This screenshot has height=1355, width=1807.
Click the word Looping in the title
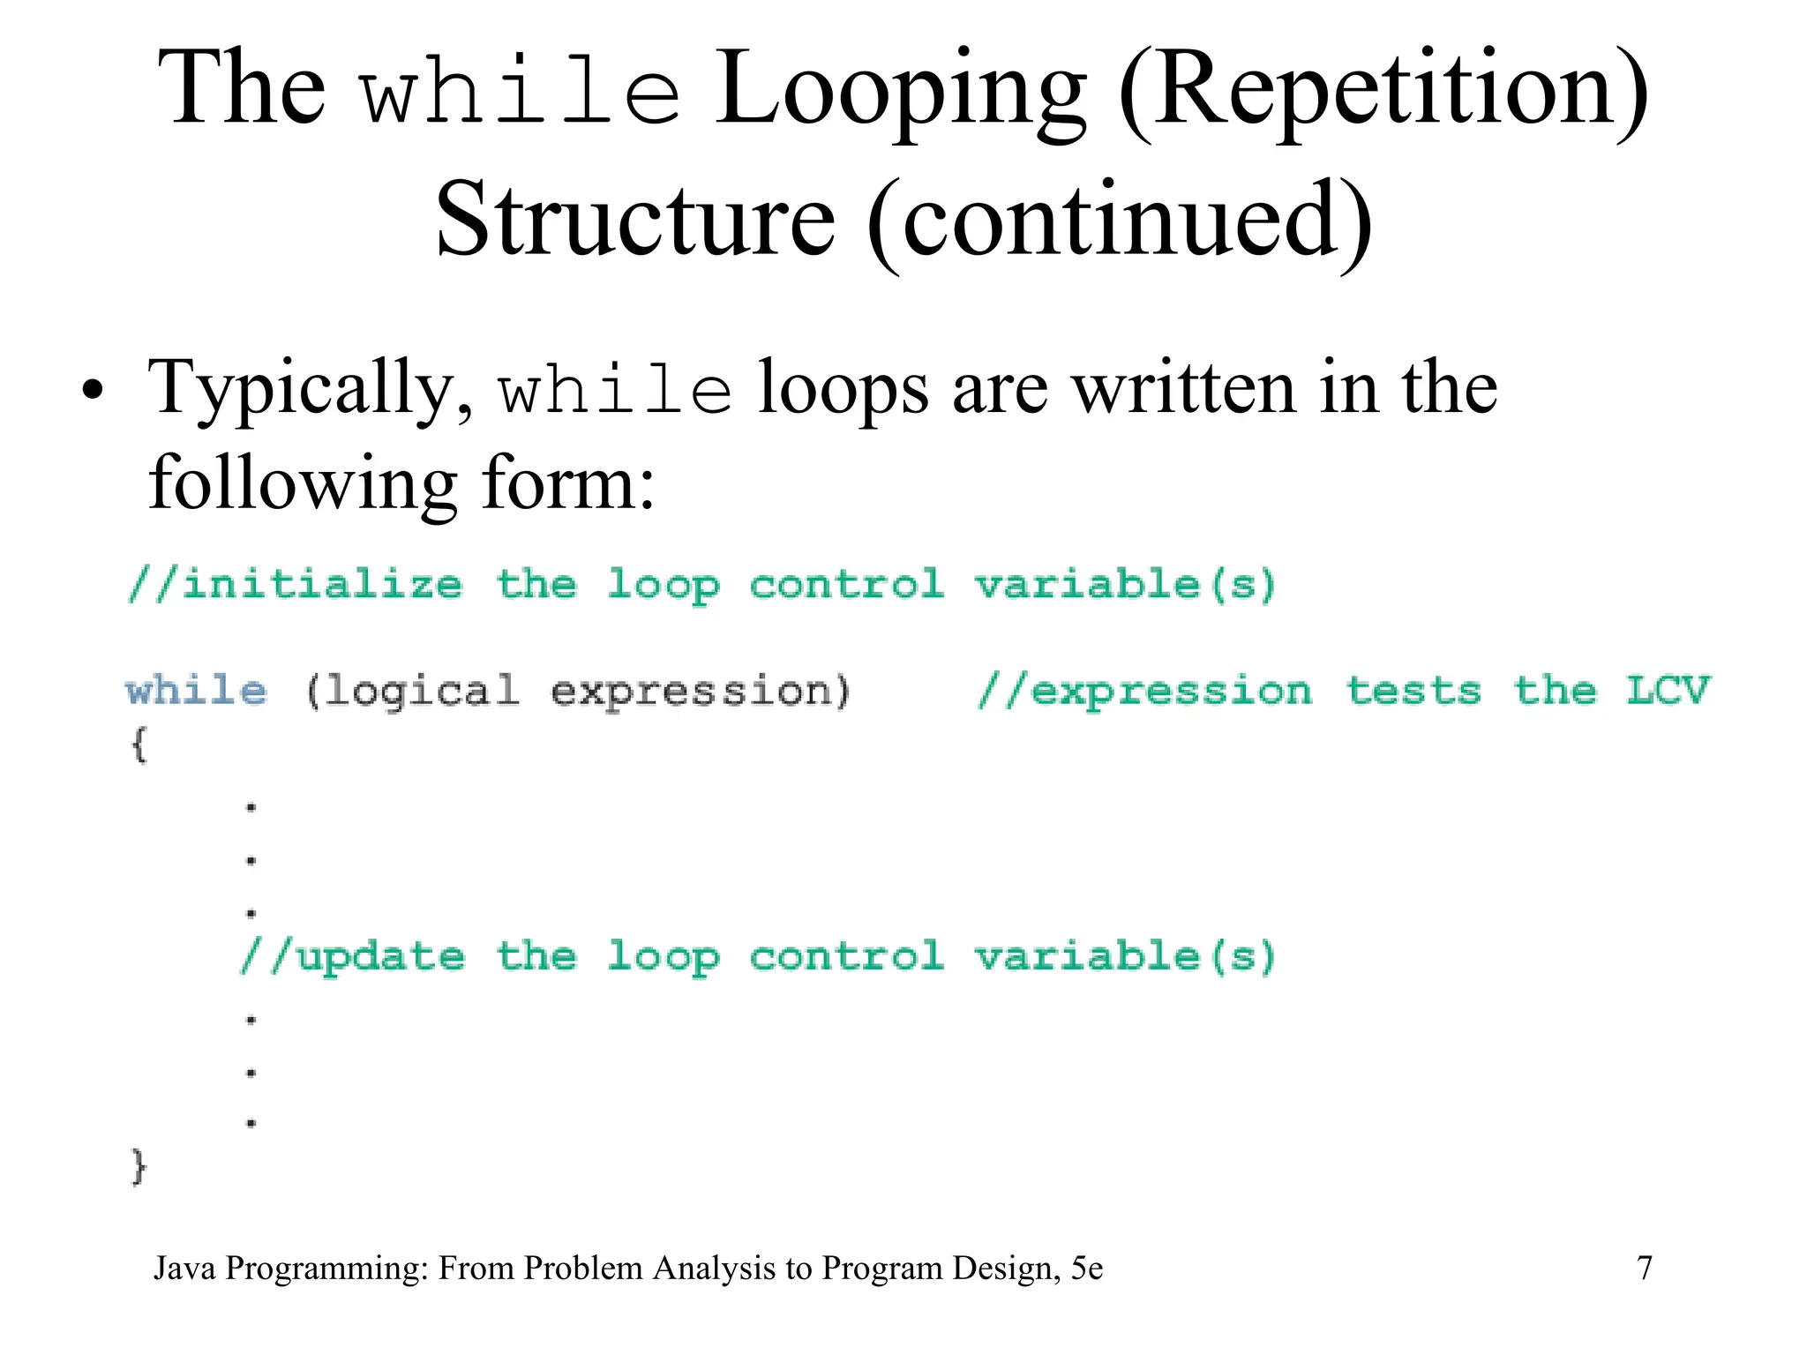point(900,93)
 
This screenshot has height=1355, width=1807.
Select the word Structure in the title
point(635,221)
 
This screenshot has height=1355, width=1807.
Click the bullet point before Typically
point(92,391)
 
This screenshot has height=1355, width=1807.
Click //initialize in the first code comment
point(296,585)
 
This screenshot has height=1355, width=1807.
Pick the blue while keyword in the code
point(196,690)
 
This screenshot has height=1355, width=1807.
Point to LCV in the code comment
point(1667,690)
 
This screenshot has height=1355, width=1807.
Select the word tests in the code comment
point(1413,690)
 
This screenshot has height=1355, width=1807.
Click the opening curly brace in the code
point(139,745)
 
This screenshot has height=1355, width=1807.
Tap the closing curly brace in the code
point(139,1167)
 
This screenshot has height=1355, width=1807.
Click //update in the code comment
point(353,957)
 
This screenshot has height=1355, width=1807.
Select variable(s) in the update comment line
point(1125,957)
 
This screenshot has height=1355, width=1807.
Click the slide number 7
point(1645,1269)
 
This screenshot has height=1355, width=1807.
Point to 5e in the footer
point(1086,1269)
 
